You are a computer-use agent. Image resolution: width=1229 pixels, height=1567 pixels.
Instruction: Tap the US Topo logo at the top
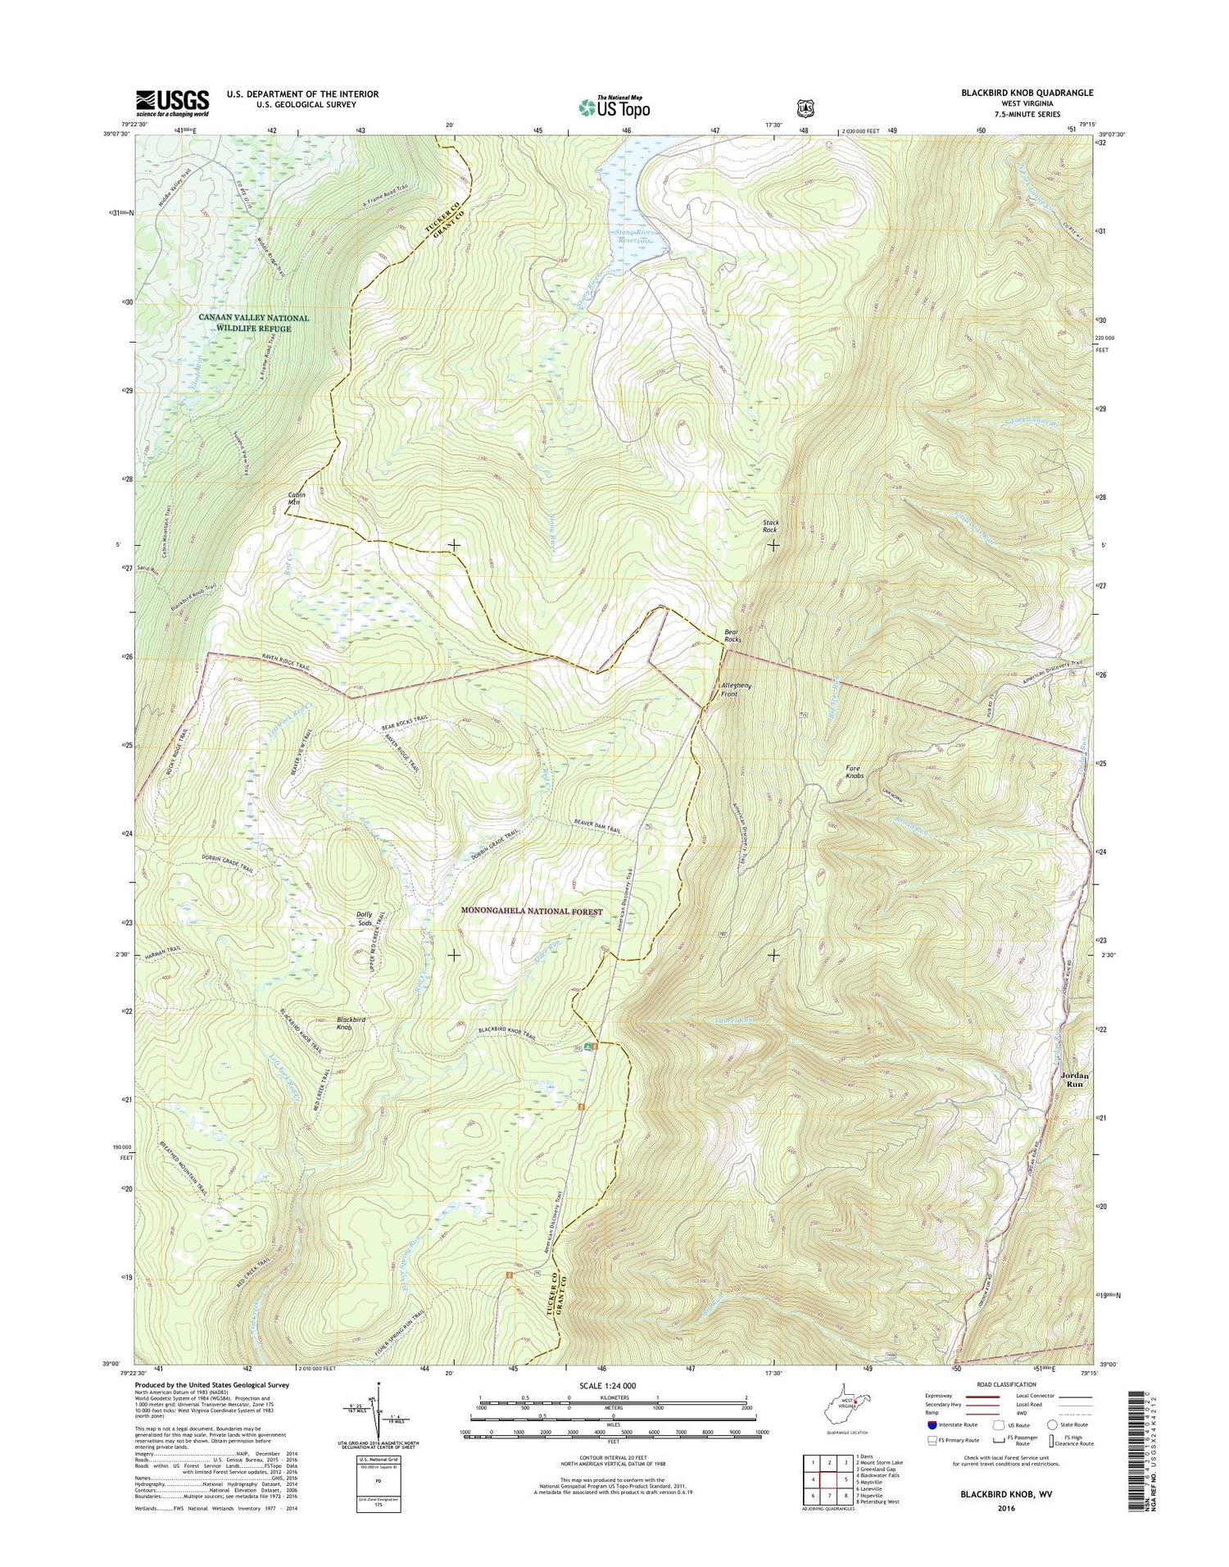[x=614, y=107]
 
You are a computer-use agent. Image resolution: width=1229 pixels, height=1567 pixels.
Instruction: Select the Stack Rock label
[x=770, y=525]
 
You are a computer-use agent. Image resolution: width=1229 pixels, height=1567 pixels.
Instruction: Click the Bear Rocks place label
[x=733, y=635]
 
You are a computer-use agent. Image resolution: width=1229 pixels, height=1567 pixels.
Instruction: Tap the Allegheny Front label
[x=730, y=689]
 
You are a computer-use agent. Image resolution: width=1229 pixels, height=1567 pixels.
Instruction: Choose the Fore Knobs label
[x=855, y=771]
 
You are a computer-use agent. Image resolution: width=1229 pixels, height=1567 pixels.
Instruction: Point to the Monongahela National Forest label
[x=532, y=911]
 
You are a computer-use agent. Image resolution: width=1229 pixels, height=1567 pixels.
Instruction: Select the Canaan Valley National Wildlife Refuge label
[x=254, y=323]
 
